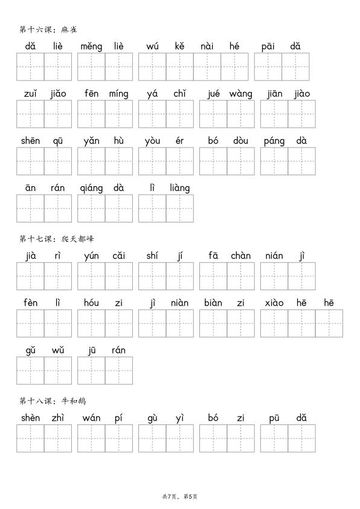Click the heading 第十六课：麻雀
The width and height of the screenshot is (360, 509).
48,29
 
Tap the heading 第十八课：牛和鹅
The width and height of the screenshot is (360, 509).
48,401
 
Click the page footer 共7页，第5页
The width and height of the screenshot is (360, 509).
180,496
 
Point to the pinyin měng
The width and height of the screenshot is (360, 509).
91,46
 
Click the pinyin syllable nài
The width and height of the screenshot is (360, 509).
207,46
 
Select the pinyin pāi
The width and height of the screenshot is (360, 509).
268,46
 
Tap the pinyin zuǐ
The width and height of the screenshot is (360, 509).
30,94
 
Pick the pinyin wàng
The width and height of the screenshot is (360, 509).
240,94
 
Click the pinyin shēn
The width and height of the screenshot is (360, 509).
30,141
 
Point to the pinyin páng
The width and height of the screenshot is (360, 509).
274,141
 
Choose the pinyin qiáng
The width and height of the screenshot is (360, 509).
91,188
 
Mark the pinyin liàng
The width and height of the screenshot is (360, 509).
179,188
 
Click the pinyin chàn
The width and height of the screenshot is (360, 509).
240,256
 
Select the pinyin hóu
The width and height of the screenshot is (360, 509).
91,303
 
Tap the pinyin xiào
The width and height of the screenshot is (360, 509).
274,303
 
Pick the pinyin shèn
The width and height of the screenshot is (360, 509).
30,418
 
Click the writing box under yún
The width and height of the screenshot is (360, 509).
91,276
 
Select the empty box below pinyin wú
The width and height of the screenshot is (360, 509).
152,66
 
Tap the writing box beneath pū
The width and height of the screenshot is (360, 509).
274,438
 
